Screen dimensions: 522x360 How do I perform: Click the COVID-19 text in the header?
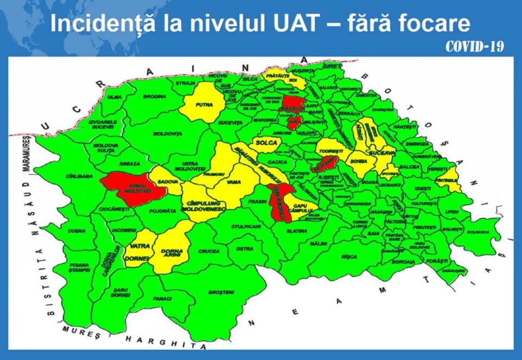474,47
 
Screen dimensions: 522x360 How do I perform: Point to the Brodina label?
154,96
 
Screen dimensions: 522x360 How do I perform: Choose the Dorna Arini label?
172,253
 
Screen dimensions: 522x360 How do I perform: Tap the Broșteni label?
221,292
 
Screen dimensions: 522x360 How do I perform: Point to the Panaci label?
163,299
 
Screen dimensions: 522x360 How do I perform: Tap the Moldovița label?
167,133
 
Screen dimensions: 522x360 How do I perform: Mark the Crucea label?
209,251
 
